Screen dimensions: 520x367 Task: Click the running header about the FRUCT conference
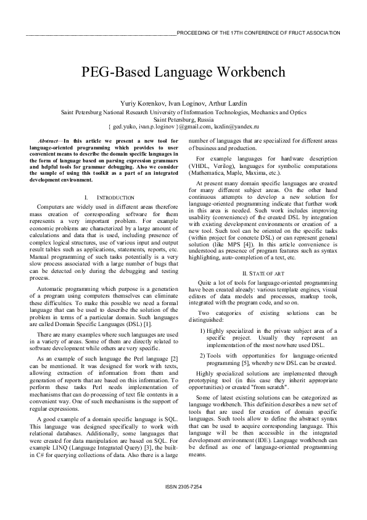pos(258,32)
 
